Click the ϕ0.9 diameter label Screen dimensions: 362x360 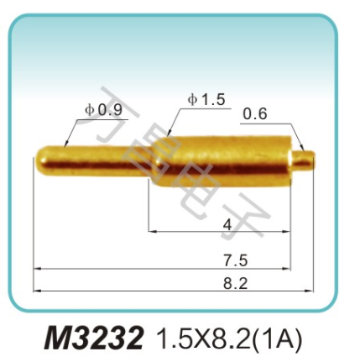[103, 108]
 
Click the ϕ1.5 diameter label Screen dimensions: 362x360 [206, 99]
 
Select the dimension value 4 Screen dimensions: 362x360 [227, 223]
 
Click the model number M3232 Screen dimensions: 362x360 [94, 337]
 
